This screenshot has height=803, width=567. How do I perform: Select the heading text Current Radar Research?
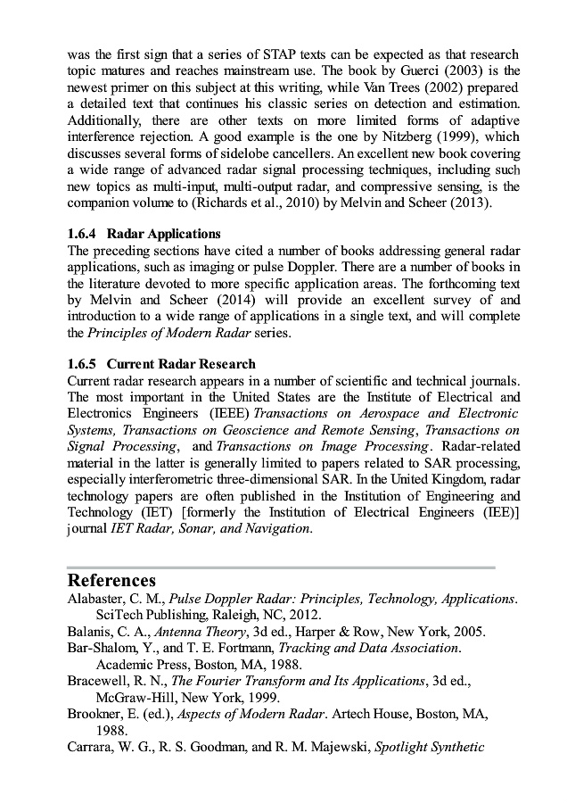[181, 364]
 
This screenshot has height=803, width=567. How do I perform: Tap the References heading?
[111, 581]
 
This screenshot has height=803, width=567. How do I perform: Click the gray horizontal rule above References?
[281, 567]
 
